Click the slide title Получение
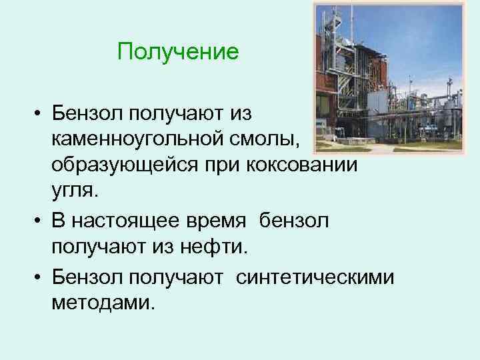point(177,52)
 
